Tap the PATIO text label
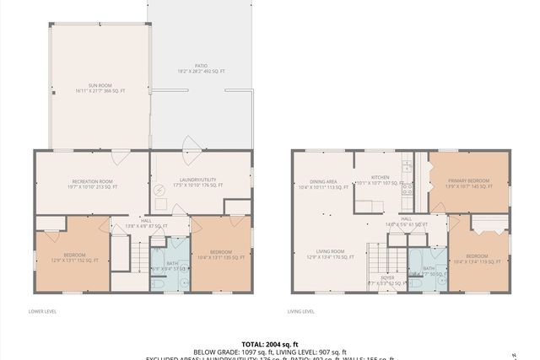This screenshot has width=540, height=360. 201,69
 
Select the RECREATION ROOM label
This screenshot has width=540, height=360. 93,184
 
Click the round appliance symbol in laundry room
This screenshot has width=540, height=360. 160,190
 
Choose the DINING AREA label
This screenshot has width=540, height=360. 323,184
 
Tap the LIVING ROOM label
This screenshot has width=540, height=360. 329,253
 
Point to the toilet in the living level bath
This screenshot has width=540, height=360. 415,282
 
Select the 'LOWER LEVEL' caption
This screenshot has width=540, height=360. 42,311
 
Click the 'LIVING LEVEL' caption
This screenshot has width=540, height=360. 301,311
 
